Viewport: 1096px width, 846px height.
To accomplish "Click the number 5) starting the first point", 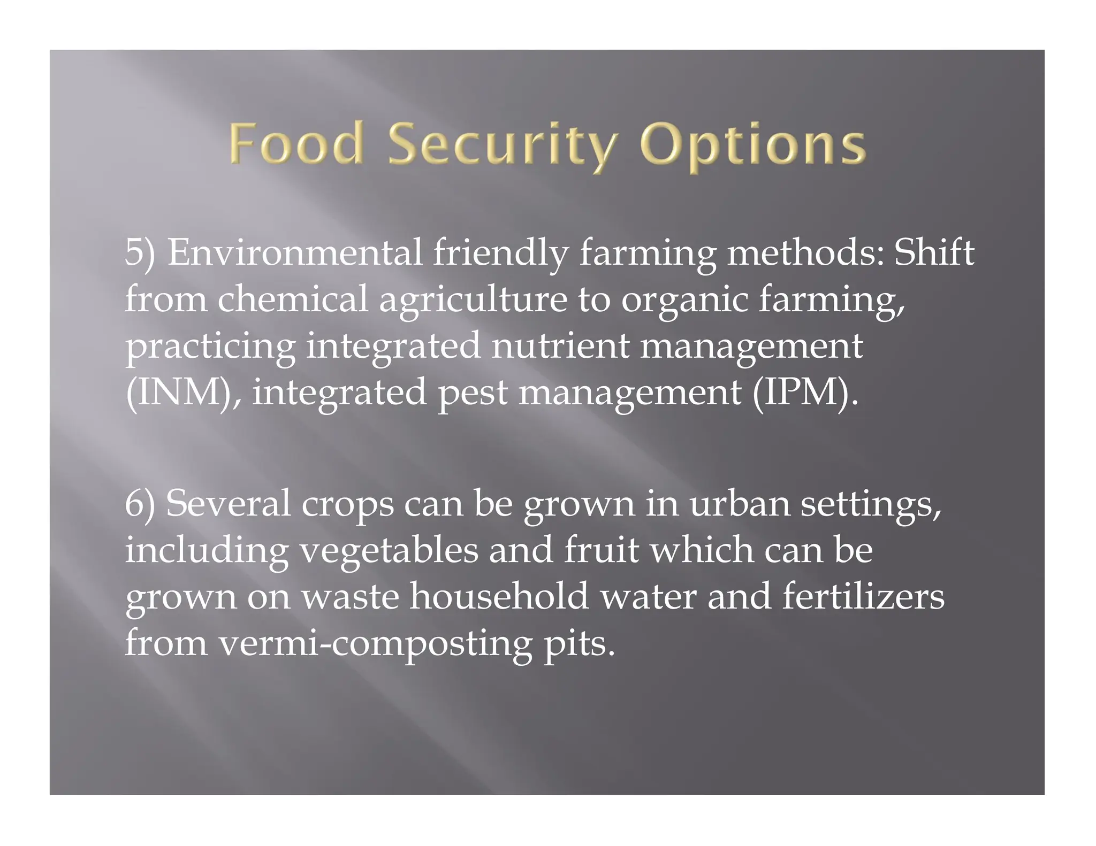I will point(140,252).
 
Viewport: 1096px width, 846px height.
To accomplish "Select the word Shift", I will point(934,252).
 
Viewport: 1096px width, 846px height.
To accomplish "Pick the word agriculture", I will point(473,300).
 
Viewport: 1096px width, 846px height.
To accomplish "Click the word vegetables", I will point(389,551).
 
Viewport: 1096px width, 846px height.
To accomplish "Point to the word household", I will point(499,596).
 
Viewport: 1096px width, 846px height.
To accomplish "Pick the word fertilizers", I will point(863,596).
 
